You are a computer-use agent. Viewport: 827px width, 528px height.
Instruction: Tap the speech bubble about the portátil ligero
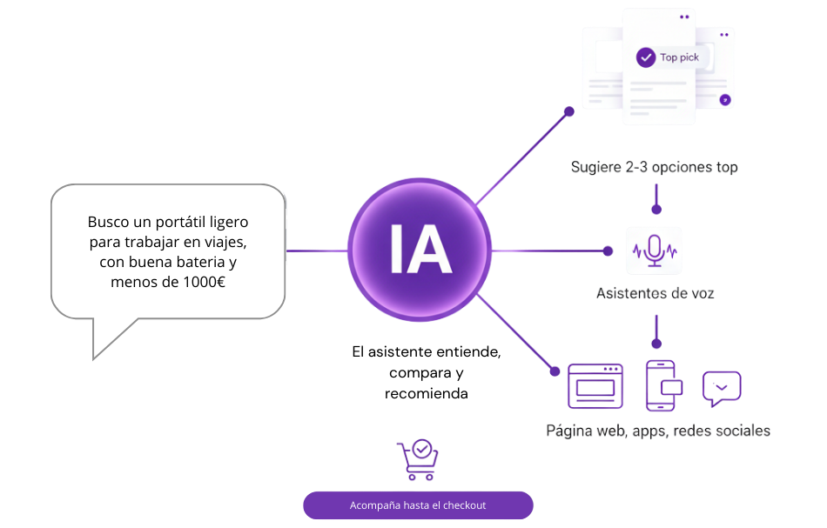168,251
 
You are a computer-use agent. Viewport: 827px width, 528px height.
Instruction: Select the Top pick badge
678,57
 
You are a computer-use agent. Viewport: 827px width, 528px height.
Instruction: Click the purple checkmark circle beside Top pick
646,57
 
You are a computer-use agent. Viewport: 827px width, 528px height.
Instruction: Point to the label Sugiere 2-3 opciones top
655,167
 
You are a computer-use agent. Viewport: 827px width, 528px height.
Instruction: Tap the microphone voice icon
655,251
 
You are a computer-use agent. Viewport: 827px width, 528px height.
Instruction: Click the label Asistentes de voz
655,293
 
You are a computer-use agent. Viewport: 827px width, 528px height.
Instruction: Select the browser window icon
595,385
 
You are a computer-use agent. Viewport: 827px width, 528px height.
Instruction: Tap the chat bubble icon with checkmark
721,387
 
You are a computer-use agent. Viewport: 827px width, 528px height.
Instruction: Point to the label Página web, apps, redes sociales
658,431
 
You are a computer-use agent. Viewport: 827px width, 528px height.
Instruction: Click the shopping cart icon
418,460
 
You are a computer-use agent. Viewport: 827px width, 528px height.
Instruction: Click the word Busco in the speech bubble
107,221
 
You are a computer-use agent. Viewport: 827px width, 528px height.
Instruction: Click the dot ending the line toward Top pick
568,110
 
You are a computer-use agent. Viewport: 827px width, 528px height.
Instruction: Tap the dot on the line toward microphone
608,251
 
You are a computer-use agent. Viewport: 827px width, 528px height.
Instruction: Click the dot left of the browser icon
555,371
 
